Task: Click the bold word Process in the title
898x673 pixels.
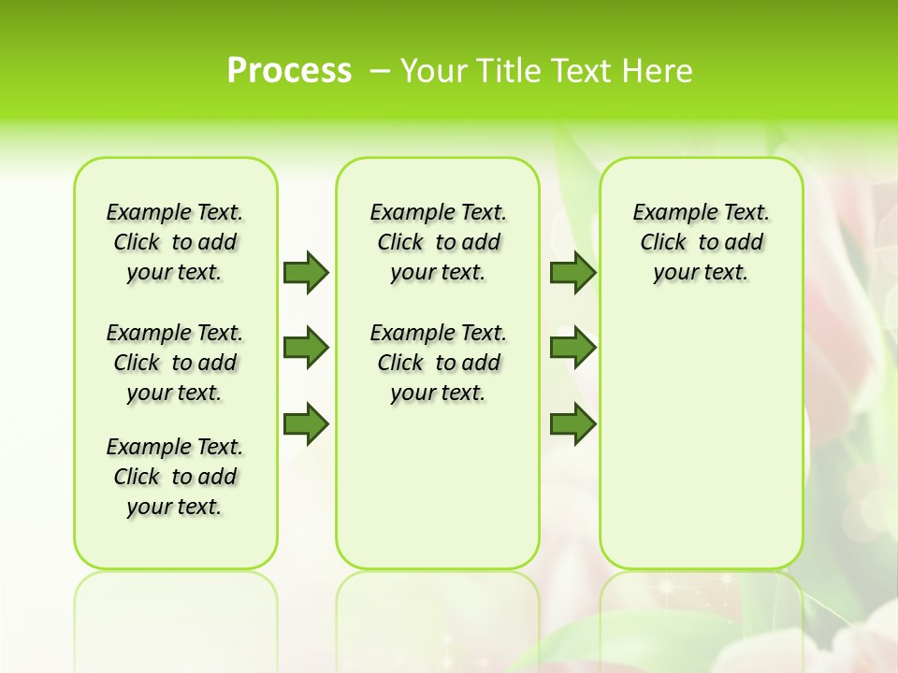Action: (289, 71)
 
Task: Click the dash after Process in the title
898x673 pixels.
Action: (380, 71)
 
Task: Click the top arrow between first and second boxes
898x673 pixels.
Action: (306, 272)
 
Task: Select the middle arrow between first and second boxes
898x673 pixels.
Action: (306, 348)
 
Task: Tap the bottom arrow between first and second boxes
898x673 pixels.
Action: (306, 424)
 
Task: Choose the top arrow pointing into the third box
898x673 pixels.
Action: (572, 272)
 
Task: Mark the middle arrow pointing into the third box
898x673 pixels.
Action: (572, 348)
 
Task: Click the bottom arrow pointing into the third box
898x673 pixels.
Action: (572, 424)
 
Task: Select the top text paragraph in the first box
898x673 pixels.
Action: (175, 242)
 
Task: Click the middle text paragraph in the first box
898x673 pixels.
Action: (175, 363)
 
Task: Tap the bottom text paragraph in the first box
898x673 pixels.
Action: (175, 477)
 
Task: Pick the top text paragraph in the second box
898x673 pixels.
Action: (438, 242)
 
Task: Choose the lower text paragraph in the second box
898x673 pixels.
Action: (438, 363)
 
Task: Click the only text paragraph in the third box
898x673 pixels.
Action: (702, 242)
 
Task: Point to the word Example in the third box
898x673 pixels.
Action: (667, 213)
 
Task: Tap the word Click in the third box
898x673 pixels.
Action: (663, 243)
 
